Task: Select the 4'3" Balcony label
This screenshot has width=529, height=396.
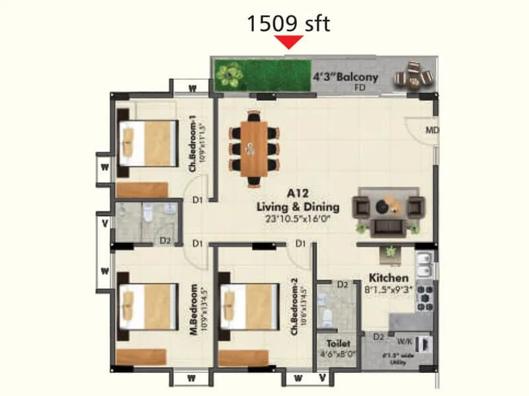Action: click(345, 77)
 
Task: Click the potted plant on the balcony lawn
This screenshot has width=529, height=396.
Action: click(231, 74)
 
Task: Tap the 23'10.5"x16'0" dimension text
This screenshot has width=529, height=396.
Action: click(298, 218)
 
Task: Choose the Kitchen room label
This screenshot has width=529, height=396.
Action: click(389, 278)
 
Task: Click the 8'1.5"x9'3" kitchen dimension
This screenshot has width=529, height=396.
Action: click(389, 290)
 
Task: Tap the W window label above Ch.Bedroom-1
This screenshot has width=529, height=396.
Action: click(192, 87)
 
